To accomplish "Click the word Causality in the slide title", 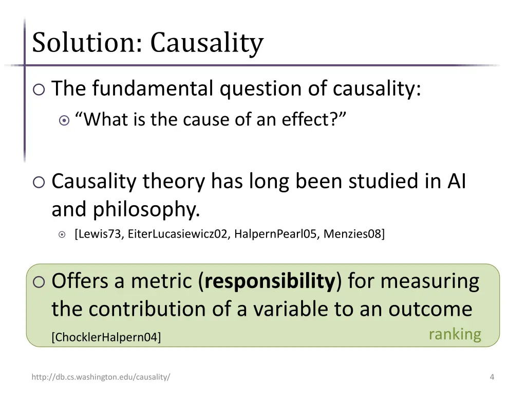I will pyautogui.click(x=206, y=43).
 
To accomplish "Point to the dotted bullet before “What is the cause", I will pyautogui.click(x=64, y=120).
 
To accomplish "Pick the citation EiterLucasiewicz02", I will pyautogui.click(x=178, y=234).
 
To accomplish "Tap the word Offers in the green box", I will pyautogui.click(x=80, y=281).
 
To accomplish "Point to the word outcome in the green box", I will pyautogui.click(x=430, y=309).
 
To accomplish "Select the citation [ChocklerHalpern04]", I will pyautogui.click(x=106, y=337).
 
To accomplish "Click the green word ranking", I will pyautogui.click(x=455, y=334).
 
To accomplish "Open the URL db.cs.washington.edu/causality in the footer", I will pyautogui.click(x=101, y=377).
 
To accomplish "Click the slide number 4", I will pyautogui.click(x=492, y=377).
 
